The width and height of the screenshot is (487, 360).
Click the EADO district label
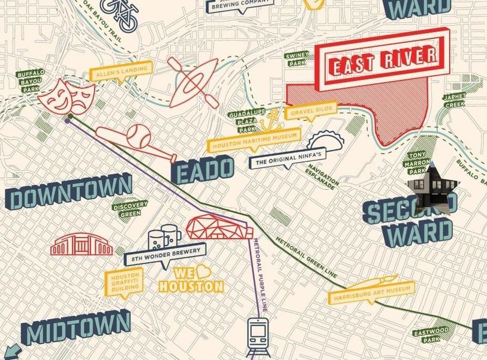click(203, 169)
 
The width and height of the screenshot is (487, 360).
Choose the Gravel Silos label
click(311, 112)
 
